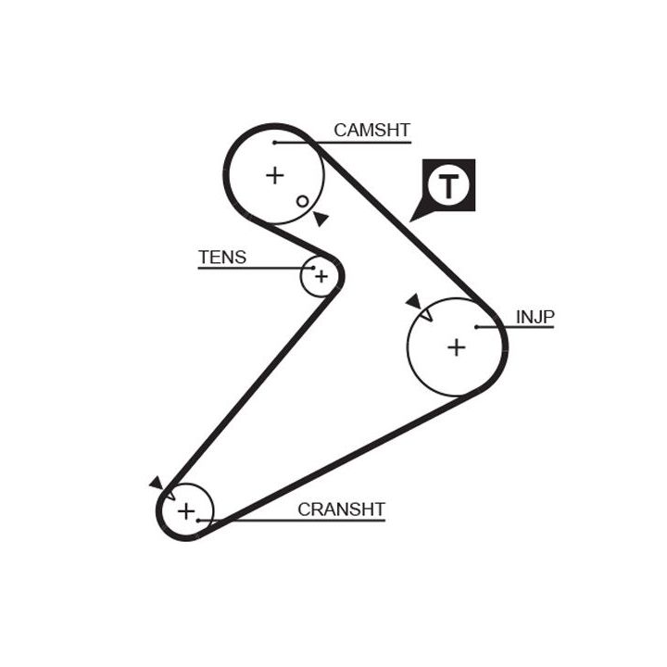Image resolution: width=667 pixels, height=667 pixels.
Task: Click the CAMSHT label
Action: [371, 131]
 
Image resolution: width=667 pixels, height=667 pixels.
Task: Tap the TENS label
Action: [222, 257]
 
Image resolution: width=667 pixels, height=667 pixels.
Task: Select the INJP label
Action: [535, 317]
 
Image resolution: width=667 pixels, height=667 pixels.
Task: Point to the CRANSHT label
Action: [341, 509]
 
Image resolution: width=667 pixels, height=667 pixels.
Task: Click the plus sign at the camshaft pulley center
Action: [274, 174]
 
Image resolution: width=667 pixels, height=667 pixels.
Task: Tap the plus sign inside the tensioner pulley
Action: [321, 276]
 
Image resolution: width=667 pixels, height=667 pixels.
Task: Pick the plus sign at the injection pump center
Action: [456, 346]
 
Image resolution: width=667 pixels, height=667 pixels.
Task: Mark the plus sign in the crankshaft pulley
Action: [186, 510]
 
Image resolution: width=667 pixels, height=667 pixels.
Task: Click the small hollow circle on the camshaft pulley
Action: [302, 201]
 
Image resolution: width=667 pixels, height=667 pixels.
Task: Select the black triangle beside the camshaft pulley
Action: [320, 219]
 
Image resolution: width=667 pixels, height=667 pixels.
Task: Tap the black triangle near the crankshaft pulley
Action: [156, 483]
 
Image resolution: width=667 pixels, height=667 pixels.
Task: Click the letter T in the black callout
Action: [448, 186]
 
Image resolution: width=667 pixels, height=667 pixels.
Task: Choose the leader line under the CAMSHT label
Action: [361, 143]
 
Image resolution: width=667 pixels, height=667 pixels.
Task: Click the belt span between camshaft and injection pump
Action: [408, 222]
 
